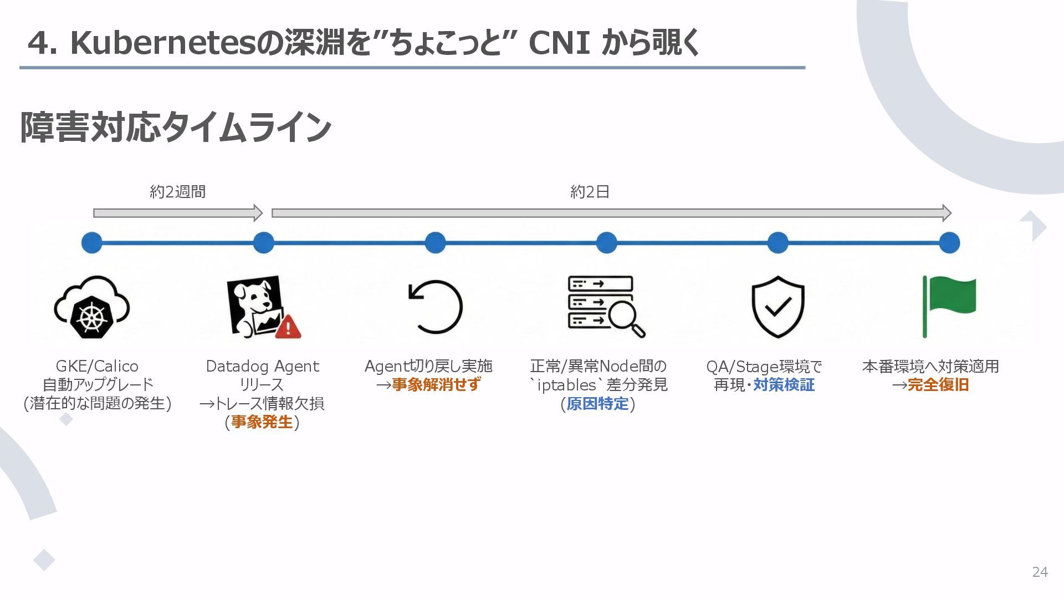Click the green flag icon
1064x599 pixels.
[949, 306]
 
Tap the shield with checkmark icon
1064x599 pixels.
[777, 307]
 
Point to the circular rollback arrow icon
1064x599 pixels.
[435, 306]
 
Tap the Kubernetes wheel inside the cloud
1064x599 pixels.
[91, 317]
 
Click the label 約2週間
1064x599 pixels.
[177, 192]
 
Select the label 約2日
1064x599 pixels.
[590, 192]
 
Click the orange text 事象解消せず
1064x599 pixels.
[436, 384]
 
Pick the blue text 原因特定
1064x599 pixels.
[597, 403]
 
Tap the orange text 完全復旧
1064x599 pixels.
[938, 384]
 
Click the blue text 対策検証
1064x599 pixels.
[784, 384]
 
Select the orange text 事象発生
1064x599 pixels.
[262, 422]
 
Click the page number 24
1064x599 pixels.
[1040, 572]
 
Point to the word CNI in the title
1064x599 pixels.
[559, 43]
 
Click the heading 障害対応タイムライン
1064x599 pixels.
[176, 127]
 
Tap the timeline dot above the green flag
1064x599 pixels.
[949, 242]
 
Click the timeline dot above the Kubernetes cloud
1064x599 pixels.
[92, 242]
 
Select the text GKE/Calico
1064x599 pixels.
[97, 366]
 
